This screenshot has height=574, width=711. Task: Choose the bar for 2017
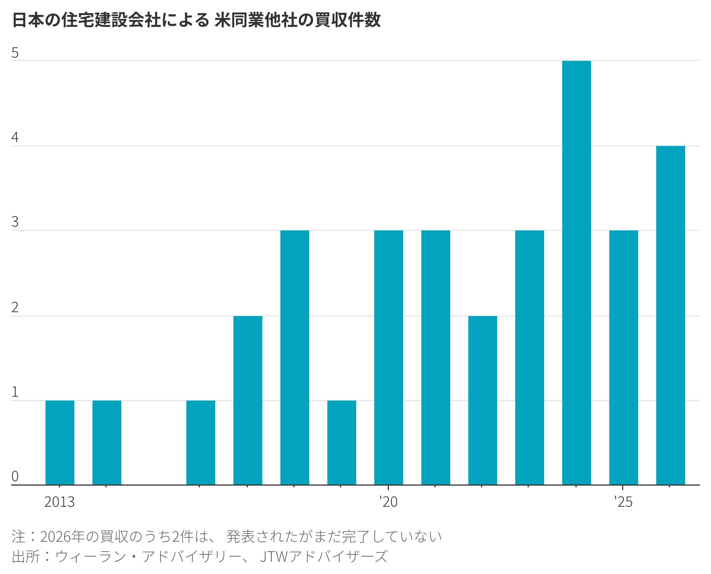point(248,400)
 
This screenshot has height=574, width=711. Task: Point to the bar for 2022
point(482,400)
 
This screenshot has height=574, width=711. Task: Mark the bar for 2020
point(389,357)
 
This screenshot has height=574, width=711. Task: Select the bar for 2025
point(624,357)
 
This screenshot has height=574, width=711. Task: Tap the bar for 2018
point(295,357)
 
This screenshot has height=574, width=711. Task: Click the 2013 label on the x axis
point(59,502)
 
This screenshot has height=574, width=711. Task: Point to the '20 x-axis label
point(388,502)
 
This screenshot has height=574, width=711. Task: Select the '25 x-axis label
point(623,502)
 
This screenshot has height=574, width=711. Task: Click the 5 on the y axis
point(15,53)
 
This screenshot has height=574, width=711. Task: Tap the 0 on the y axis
point(15,476)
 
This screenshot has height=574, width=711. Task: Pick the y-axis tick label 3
point(15,222)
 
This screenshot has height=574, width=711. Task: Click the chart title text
point(196,20)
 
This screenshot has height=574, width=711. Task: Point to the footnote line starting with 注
point(227,536)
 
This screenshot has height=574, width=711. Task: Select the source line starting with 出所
point(200,556)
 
